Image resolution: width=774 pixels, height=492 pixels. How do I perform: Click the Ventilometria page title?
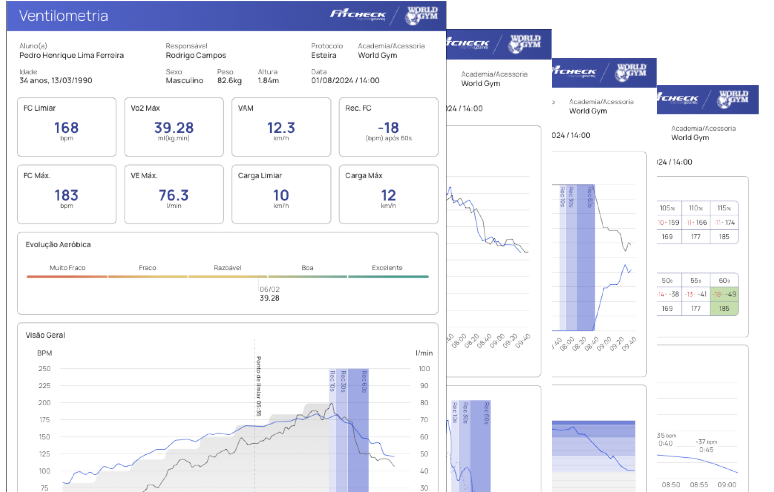(x=63, y=16)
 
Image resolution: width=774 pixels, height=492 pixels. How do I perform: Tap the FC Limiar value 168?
(x=66, y=128)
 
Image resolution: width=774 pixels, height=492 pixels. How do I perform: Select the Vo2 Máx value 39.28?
(x=174, y=128)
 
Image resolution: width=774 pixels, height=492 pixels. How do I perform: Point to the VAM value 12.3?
(x=281, y=128)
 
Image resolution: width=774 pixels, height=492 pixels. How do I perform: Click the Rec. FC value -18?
(x=388, y=128)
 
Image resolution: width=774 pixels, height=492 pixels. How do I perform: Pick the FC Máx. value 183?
(x=66, y=195)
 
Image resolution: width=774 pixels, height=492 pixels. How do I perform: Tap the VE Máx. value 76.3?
(x=174, y=195)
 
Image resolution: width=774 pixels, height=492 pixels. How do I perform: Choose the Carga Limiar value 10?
(x=281, y=195)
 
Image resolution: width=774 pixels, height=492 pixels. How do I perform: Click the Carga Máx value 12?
(x=388, y=195)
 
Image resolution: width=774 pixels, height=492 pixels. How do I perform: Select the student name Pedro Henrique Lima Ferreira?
(x=71, y=55)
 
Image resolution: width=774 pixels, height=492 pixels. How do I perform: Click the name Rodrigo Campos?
(x=196, y=55)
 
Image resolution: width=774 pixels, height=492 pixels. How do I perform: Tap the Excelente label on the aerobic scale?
(x=387, y=268)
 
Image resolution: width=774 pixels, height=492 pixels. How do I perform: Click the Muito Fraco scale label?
(x=67, y=268)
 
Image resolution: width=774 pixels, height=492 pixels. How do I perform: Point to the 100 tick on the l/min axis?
(x=424, y=369)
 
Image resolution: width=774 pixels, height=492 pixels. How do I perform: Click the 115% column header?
(x=724, y=208)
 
